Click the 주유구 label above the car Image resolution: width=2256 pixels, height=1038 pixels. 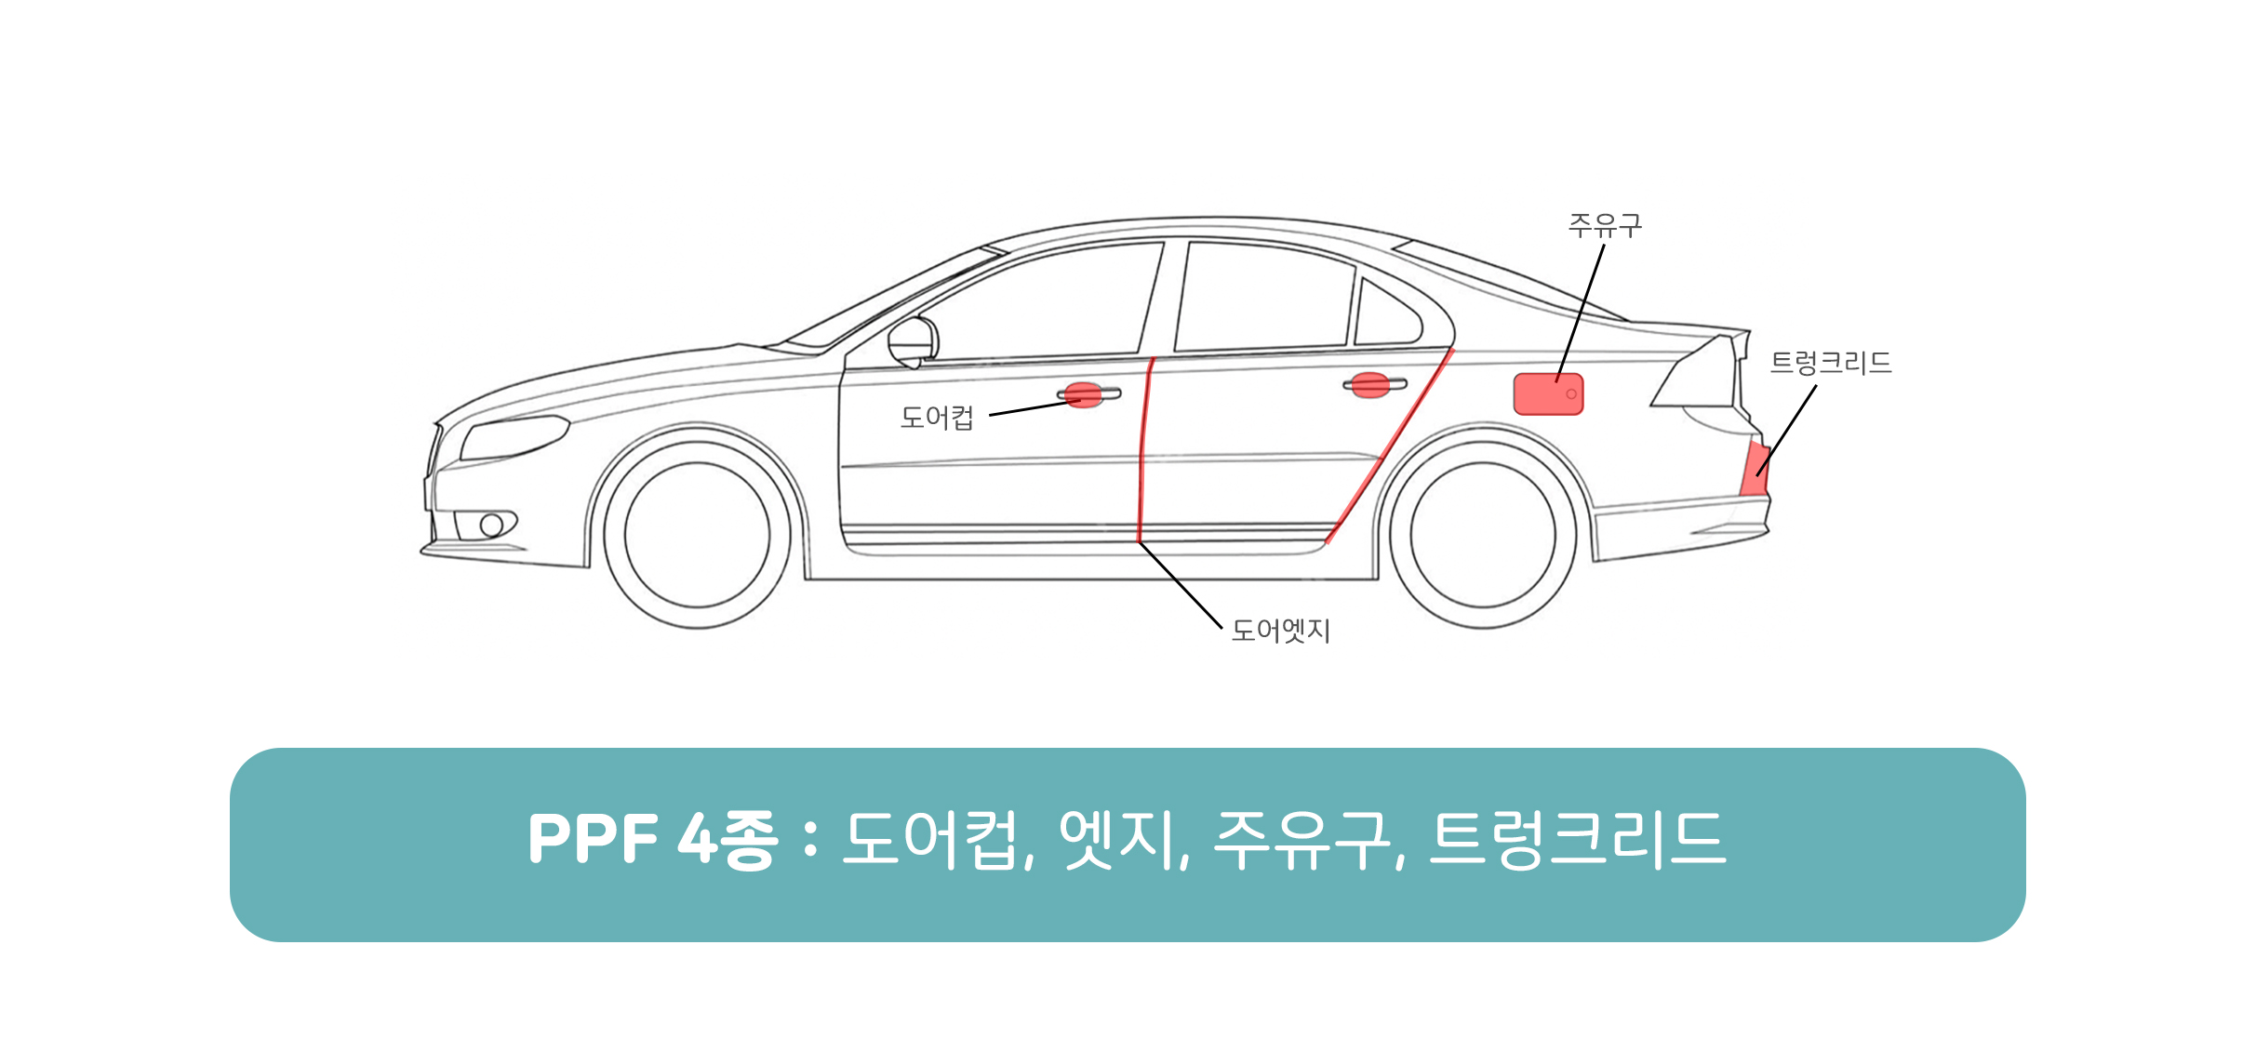(1605, 225)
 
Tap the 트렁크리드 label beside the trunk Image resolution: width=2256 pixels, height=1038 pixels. (1831, 362)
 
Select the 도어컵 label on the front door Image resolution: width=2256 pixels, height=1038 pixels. (937, 418)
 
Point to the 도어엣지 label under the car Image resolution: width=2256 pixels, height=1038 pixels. (1280, 631)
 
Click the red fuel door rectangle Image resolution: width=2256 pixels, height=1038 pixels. (1548, 394)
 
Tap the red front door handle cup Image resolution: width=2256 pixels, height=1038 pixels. (1083, 395)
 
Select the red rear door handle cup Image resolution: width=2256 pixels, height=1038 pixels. (1370, 385)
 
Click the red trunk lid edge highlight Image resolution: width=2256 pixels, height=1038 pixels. (1755, 469)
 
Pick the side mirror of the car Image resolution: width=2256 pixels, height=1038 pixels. (913, 342)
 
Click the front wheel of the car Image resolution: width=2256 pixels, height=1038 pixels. (698, 535)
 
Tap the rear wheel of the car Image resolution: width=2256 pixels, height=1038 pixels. (1483, 535)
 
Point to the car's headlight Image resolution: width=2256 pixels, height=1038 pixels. (514, 437)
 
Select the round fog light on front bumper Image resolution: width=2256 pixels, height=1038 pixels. (492, 526)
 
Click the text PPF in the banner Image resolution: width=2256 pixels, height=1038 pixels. (594, 839)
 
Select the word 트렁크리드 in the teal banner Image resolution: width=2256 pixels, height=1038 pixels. (1577, 839)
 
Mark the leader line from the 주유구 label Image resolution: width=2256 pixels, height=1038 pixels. (1581, 313)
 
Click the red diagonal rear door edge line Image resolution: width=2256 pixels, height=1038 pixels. (1390, 446)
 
